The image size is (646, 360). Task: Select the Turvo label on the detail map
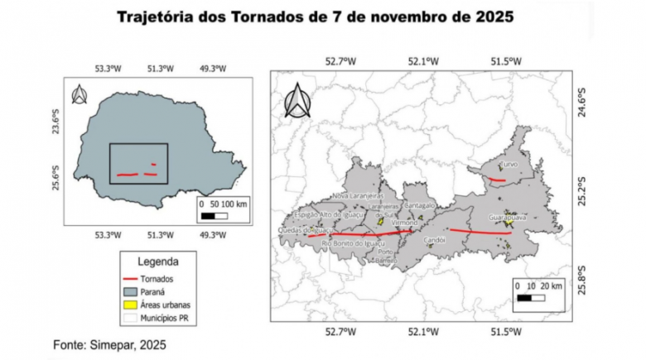509,165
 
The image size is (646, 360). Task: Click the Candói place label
435,239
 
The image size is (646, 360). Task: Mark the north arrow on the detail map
296,101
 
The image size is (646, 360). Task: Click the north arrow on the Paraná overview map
80,94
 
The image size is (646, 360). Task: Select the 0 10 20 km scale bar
538,291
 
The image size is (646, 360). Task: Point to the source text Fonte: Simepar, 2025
114,343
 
